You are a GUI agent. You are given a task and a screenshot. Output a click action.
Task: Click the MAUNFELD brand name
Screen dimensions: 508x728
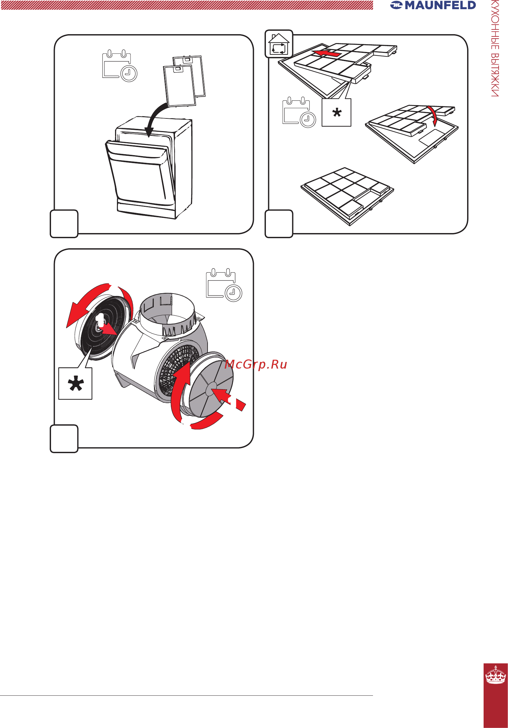coord(440,5)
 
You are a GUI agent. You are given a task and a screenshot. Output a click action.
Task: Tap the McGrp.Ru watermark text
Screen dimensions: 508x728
coord(256,365)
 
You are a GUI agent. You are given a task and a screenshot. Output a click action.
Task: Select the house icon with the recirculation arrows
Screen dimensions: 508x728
coord(279,44)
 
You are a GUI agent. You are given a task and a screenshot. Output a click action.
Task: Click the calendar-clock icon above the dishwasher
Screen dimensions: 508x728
coord(119,66)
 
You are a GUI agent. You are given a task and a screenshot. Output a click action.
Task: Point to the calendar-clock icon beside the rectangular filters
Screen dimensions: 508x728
coord(299,112)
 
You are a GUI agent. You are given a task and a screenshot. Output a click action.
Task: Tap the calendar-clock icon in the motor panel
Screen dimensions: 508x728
coord(224,285)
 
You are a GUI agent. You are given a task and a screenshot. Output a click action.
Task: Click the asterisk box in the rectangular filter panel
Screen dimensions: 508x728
coord(336,112)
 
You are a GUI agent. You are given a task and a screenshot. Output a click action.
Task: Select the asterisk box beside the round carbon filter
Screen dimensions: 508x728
coord(75,383)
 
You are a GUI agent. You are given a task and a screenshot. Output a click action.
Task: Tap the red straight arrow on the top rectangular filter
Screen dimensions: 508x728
coord(326,53)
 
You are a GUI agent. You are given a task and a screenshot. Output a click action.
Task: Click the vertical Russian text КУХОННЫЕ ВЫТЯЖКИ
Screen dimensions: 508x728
coord(495,48)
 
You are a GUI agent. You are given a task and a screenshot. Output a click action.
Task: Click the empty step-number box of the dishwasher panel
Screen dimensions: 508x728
coord(64,224)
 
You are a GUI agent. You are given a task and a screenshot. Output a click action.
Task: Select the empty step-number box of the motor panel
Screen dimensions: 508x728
coord(64,439)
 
